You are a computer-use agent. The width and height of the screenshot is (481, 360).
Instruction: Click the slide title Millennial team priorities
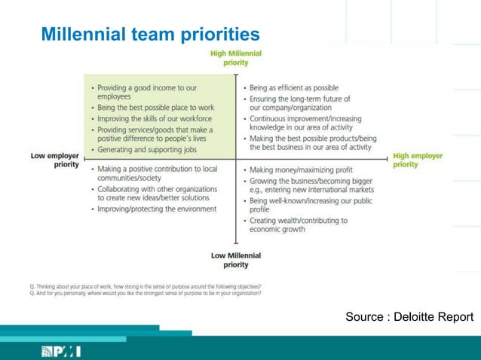click(150, 35)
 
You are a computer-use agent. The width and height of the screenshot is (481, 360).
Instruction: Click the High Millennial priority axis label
click(236, 58)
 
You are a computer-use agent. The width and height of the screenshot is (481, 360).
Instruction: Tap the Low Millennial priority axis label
click(236, 260)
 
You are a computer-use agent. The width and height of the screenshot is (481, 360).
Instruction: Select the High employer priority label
click(418, 160)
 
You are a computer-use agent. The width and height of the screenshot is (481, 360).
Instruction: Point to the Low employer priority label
click(54, 160)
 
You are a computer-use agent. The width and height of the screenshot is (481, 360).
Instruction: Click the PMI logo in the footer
click(61, 350)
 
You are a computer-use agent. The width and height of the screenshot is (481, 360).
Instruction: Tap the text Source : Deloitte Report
click(409, 317)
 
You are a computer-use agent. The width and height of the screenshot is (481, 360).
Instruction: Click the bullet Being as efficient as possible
click(293, 88)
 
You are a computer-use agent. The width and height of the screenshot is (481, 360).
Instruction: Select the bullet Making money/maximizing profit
click(301, 170)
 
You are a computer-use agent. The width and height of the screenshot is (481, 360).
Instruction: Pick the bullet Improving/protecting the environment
click(157, 209)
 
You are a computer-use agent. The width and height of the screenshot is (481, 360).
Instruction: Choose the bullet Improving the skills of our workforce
click(155, 119)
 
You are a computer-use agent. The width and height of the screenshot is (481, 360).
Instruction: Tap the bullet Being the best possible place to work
click(155, 108)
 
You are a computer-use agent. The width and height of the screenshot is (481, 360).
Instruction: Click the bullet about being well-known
click(310, 205)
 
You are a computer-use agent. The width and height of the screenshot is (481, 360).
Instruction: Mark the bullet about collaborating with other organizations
click(157, 194)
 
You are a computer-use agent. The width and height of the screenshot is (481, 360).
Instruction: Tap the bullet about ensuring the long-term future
click(299, 102)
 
